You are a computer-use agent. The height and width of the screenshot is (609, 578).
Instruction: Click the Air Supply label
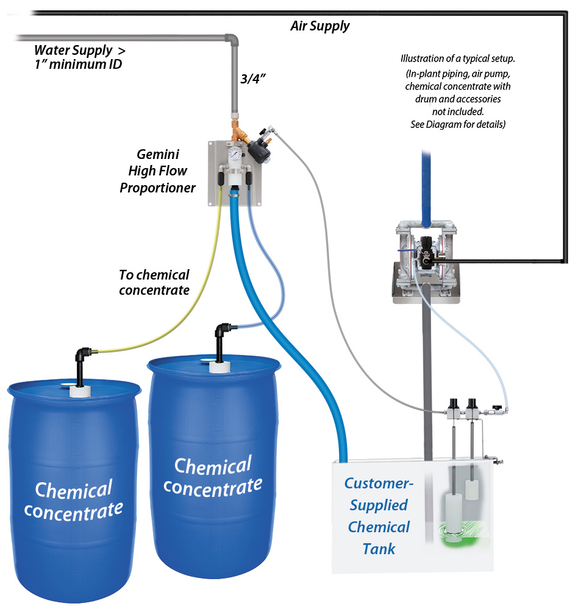tap(319, 26)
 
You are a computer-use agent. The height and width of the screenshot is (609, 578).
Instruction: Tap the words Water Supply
tap(73, 50)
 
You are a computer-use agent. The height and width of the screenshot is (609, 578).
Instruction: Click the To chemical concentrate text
tap(154, 283)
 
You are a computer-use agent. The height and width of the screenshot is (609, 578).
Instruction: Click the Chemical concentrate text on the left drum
tap(73, 499)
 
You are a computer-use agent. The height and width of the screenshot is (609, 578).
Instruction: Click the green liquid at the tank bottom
tap(476, 536)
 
